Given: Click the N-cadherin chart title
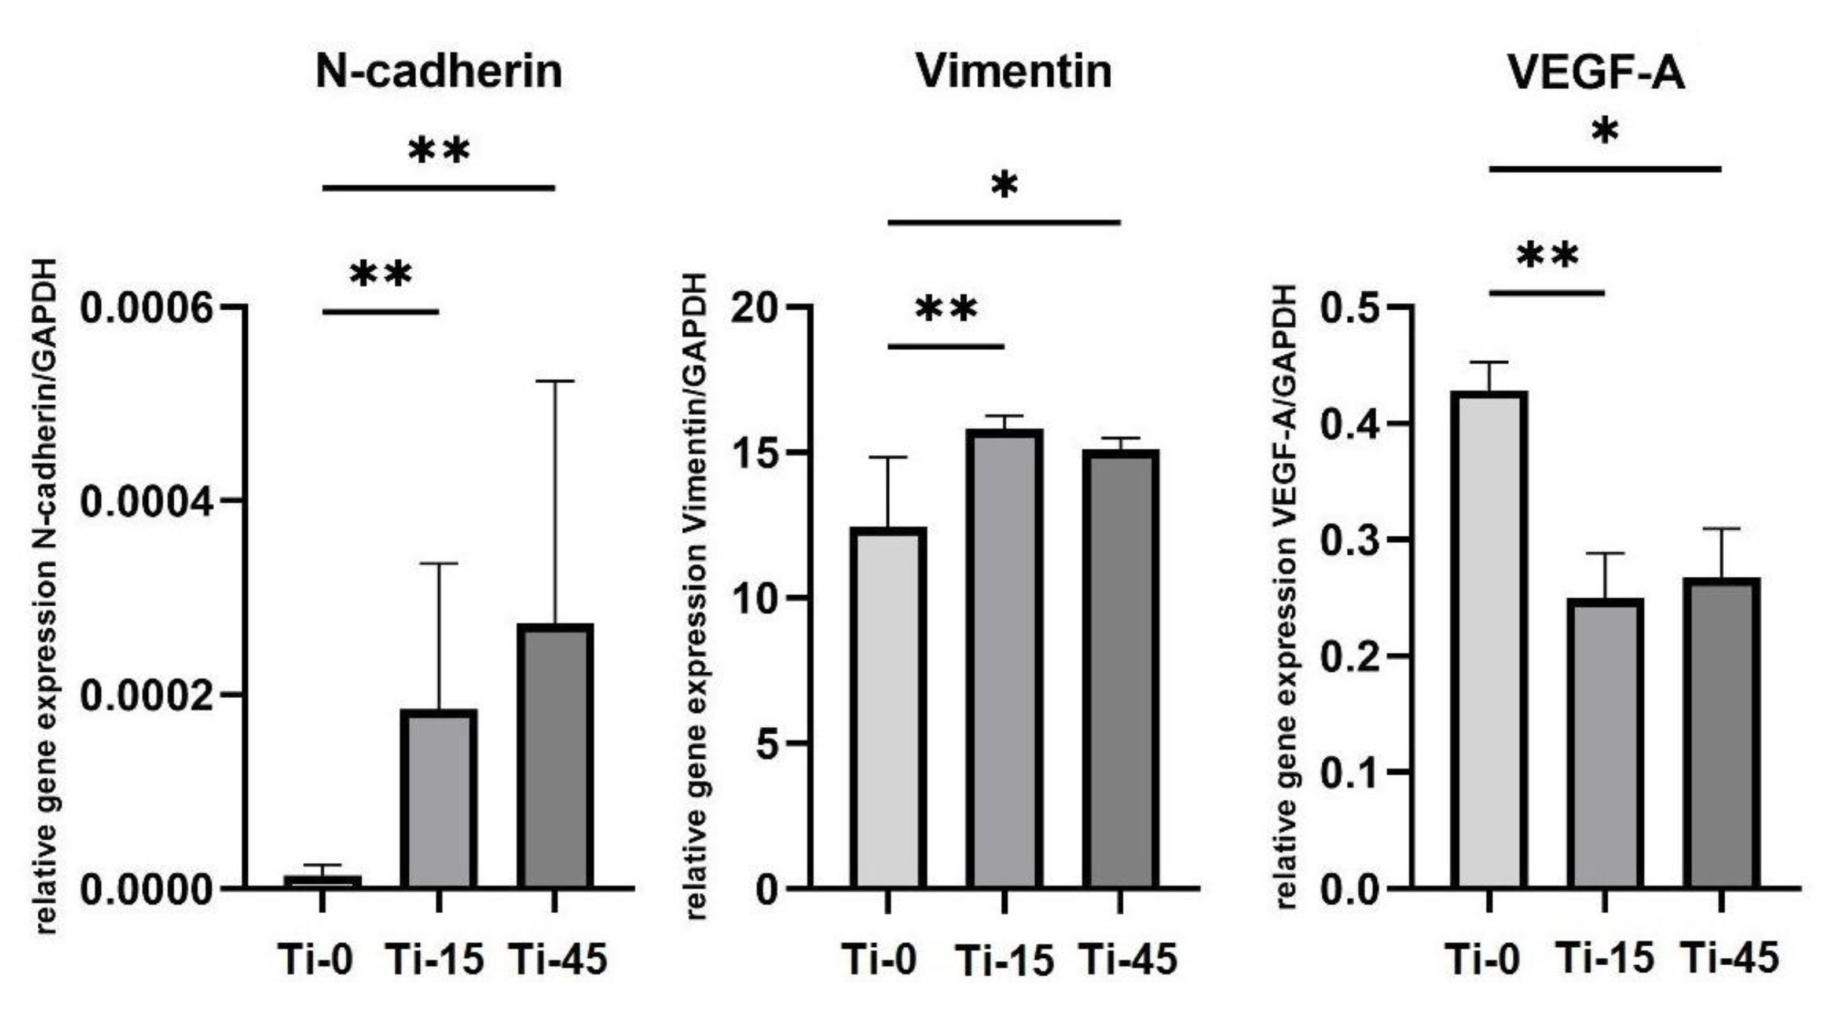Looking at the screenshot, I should coord(439,72).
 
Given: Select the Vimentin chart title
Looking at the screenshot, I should coord(1014,72).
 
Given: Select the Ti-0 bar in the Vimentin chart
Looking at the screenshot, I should coord(888,708).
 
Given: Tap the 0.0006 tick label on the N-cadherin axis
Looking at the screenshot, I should coord(146,309).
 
